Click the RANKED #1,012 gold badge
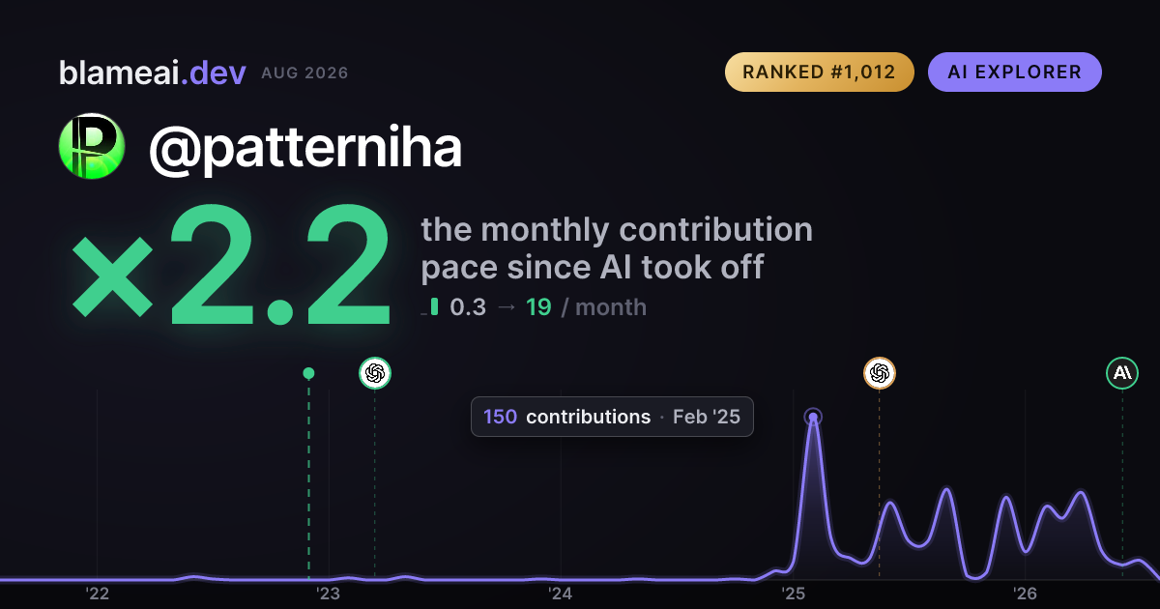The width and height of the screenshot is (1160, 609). [820, 72]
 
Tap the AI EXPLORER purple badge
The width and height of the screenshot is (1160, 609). [1014, 72]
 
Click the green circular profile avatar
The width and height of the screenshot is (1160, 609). [92, 146]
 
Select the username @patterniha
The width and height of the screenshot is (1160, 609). [305, 148]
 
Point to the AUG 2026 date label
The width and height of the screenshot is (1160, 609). [304, 73]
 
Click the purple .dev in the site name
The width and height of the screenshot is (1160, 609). [213, 73]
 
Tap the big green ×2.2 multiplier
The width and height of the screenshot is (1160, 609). [231, 265]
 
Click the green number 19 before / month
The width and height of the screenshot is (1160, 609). [538, 307]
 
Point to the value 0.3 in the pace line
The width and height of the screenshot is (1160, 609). [468, 307]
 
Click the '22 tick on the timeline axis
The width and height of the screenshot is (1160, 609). [97, 594]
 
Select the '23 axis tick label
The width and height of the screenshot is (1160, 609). [329, 594]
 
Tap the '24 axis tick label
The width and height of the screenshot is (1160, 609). [561, 594]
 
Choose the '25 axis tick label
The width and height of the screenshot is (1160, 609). [793, 594]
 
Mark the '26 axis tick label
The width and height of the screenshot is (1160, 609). [1025, 594]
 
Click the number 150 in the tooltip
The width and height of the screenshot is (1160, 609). [500, 417]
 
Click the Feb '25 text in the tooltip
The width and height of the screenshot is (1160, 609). [707, 417]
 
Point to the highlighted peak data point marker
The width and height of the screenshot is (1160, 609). [813, 418]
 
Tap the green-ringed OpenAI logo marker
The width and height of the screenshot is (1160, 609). [375, 373]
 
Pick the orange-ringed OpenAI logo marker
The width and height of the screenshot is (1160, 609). [880, 373]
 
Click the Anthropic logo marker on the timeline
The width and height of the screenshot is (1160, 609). [1122, 373]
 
